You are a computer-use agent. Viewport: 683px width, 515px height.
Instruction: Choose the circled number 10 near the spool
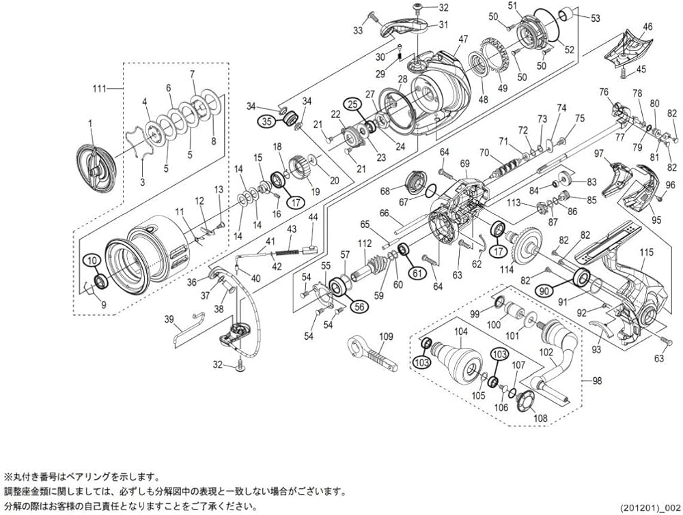point(92,260)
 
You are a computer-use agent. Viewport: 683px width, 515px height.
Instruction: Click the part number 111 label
point(102,89)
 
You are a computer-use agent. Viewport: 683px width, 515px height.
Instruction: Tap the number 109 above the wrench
point(387,336)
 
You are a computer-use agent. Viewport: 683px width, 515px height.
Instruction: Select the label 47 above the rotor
point(463,40)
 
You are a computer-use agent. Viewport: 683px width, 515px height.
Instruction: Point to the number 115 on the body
point(646,252)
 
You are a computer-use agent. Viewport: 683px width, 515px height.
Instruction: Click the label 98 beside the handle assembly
point(598,381)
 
